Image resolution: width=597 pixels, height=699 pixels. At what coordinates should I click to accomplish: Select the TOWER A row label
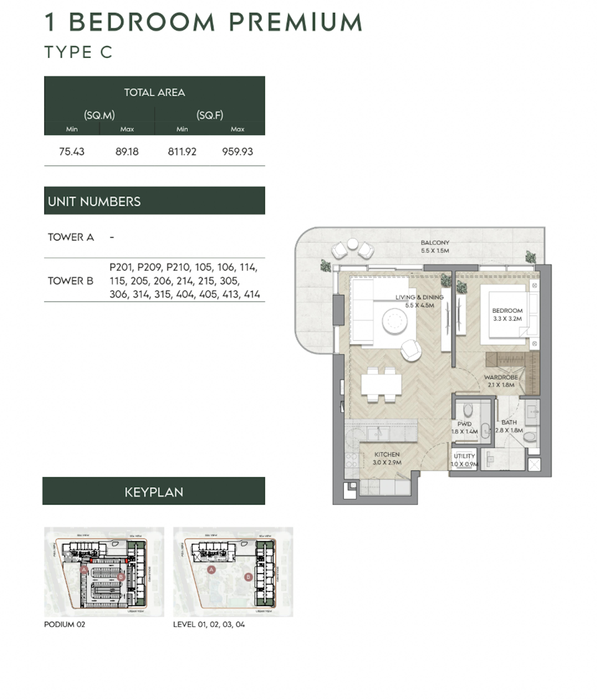pos(71,237)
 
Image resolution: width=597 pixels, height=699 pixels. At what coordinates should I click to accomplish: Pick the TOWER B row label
pos(70,281)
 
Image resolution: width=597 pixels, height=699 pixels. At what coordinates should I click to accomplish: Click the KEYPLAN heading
pos(154,492)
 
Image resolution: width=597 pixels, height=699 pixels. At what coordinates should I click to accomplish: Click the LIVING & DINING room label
pos(419,297)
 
